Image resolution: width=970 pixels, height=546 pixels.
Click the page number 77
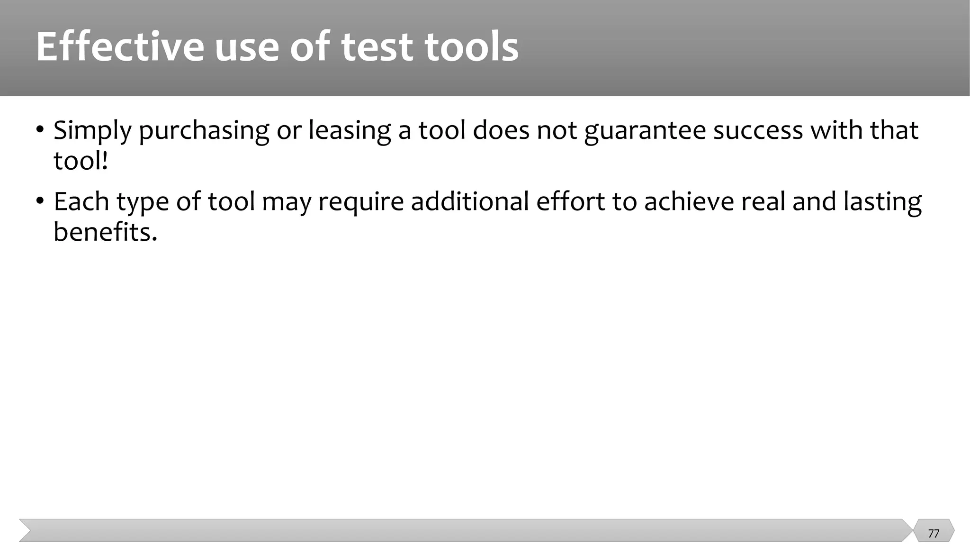point(934,534)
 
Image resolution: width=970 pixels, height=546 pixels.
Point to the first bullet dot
point(40,129)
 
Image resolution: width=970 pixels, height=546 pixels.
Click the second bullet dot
point(40,201)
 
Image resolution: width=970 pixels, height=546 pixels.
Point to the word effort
point(570,201)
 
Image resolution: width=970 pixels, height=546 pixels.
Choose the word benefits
point(105,232)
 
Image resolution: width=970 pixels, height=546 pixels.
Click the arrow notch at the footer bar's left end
point(26,530)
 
